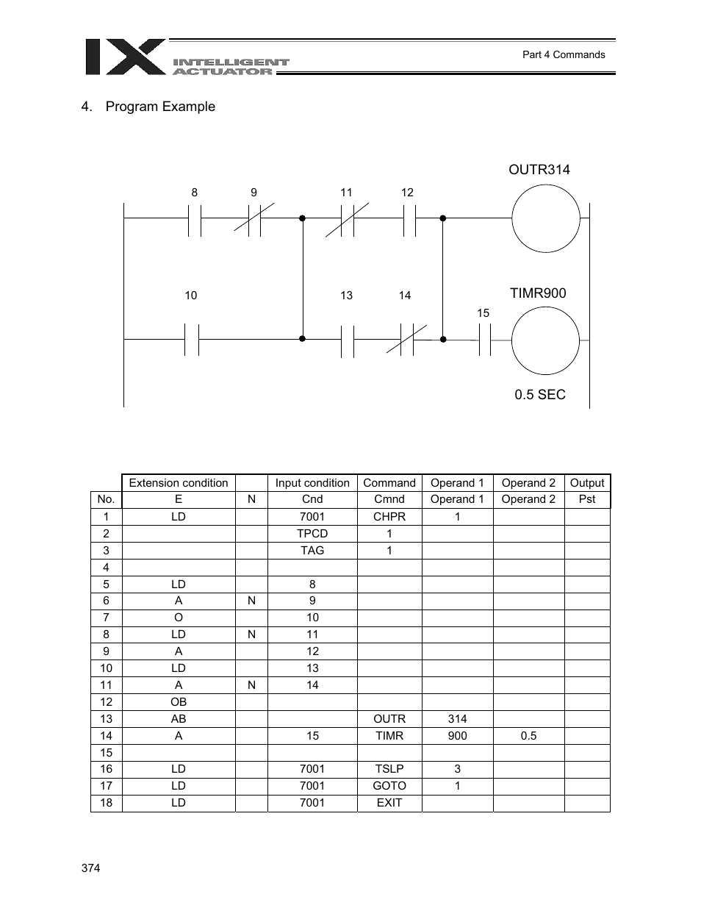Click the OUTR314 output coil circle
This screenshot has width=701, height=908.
(x=546, y=218)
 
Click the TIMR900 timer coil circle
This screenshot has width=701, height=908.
(x=545, y=340)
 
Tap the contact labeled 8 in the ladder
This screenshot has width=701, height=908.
(x=194, y=218)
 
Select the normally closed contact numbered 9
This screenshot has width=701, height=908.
(x=254, y=218)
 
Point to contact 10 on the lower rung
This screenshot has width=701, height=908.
(x=191, y=339)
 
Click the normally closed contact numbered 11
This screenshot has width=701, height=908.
(x=347, y=218)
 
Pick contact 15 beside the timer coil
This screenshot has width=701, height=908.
(x=484, y=340)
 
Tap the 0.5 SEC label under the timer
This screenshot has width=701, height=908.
(x=540, y=395)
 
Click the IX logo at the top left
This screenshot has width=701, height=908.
(x=126, y=57)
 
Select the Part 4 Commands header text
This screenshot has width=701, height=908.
(x=564, y=54)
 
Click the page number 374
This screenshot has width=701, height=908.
(x=90, y=868)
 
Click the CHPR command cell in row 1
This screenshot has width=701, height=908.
(x=389, y=516)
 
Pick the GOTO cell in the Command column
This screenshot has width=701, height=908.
(x=389, y=785)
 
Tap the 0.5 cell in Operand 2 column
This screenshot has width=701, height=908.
(x=528, y=735)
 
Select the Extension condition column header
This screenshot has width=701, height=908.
(x=179, y=483)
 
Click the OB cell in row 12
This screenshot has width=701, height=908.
(x=179, y=701)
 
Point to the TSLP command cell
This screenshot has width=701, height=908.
(x=389, y=768)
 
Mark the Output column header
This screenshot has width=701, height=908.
(x=587, y=483)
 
